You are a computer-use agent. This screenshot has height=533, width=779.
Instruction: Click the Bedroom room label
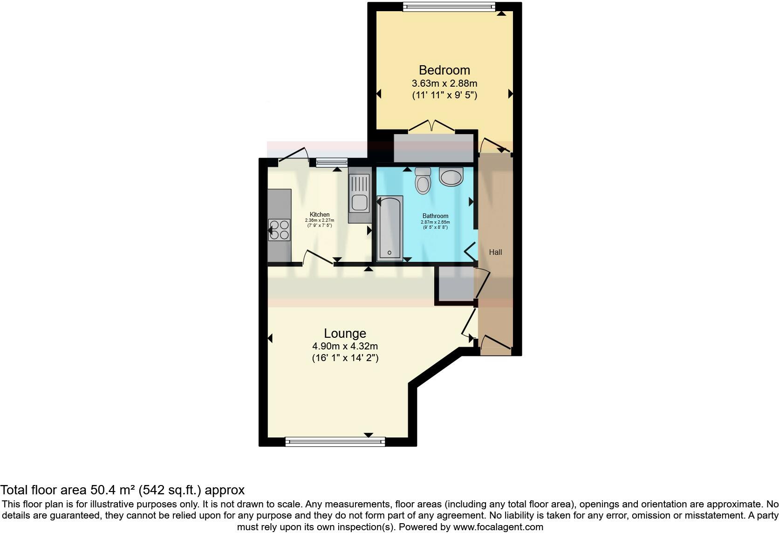point(444,70)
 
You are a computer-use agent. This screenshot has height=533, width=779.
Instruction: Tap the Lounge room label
point(345,333)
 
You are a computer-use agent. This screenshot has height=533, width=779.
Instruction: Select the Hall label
point(495,252)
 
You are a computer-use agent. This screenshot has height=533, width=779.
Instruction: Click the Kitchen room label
point(320,215)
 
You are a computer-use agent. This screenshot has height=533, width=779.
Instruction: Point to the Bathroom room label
point(435,216)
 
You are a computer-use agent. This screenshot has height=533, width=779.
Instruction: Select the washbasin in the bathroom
point(451,177)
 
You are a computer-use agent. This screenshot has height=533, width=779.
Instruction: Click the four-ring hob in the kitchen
point(279,230)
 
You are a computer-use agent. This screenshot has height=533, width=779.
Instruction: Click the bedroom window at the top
point(449,7)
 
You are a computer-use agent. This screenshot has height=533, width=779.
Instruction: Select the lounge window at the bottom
point(335,441)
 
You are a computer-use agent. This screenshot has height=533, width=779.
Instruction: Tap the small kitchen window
point(331,163)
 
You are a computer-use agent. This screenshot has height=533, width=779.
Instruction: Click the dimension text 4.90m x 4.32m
point(345,346)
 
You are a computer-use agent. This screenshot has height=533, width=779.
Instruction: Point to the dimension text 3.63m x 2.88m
point(444,84)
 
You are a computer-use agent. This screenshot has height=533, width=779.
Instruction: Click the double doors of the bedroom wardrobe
point(431,126)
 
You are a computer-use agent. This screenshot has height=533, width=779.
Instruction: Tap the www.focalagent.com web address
point(498,527)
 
